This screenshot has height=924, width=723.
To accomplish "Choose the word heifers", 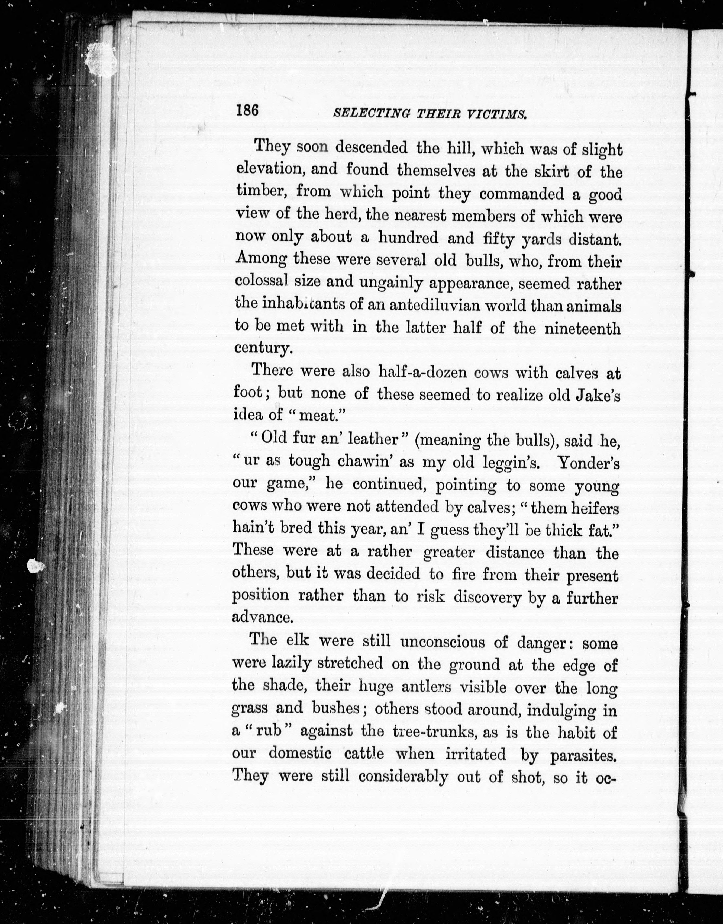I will coord(595,508).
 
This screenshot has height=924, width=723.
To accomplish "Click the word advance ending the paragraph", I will coord(262,617).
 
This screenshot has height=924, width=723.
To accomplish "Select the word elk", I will coord(298,639).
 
